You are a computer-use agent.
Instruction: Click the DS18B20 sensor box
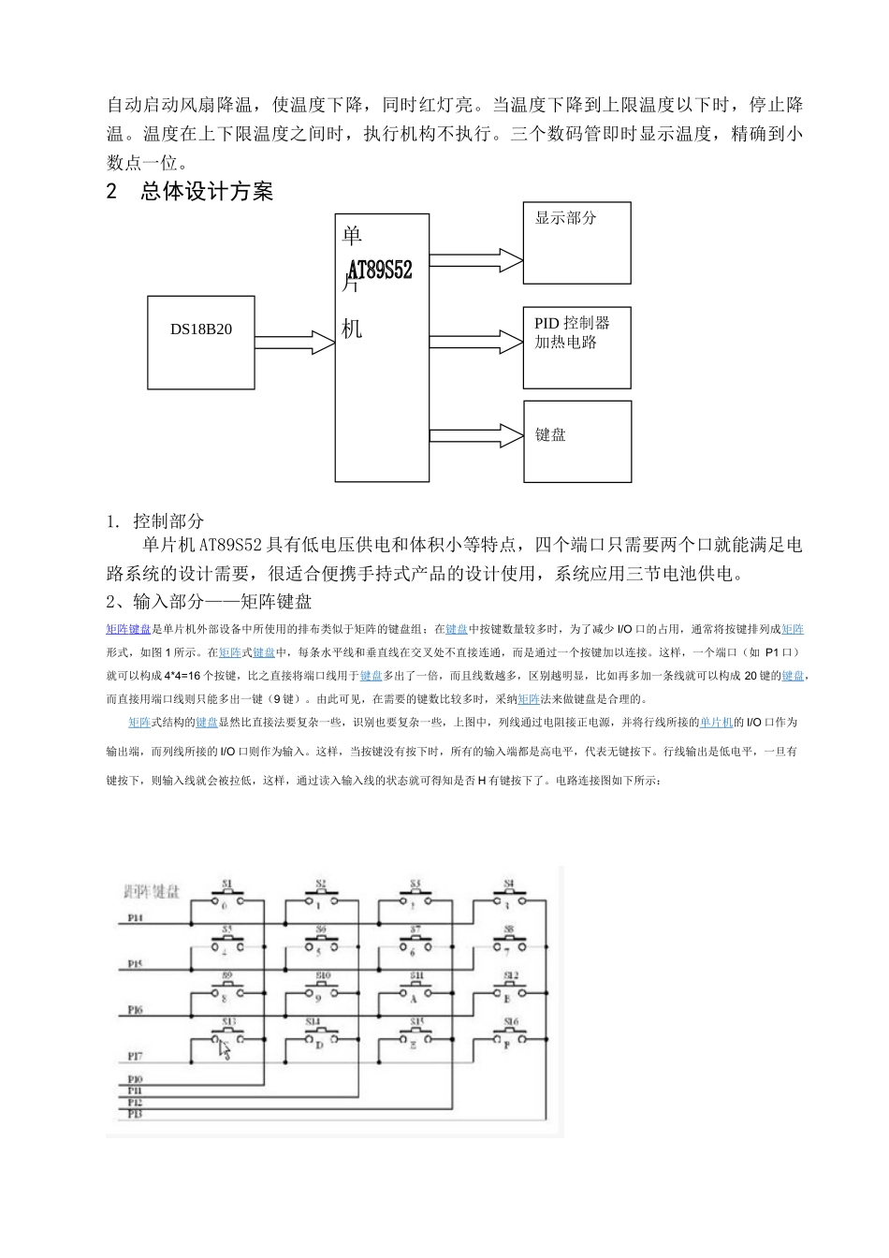[201, 329]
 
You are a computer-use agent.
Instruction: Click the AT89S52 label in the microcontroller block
[379, 270]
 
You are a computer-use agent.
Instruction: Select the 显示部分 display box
[576, 242]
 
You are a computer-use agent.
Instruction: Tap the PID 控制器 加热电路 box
[576, 346]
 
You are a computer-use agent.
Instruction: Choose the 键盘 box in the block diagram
[576, 441]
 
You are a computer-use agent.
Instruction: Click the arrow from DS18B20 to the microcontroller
[295, 343]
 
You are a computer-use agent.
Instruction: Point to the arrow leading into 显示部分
[475, 260]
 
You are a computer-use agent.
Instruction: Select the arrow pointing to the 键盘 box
[475, 435]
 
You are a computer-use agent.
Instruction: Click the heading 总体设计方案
[207, 192]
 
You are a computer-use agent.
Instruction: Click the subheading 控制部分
[168, 521]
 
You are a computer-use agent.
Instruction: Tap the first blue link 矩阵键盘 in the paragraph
[128, 629]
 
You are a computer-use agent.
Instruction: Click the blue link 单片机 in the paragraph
[716, 723]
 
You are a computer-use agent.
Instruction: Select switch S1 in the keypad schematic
[226, 896]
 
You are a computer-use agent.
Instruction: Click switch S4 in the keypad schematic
[509, 896]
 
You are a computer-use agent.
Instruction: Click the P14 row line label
[135, 919]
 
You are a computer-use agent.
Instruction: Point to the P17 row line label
[135, 1058]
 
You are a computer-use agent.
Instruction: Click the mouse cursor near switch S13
[225, 1050]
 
